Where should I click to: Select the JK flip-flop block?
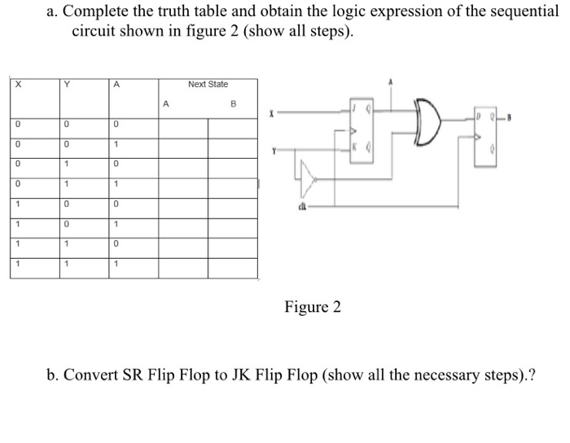tap(361, 130)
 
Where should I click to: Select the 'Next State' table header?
tap(208, 85)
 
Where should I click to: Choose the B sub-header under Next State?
tap(232, 103)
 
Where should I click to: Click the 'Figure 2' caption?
tap(313, 307)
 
